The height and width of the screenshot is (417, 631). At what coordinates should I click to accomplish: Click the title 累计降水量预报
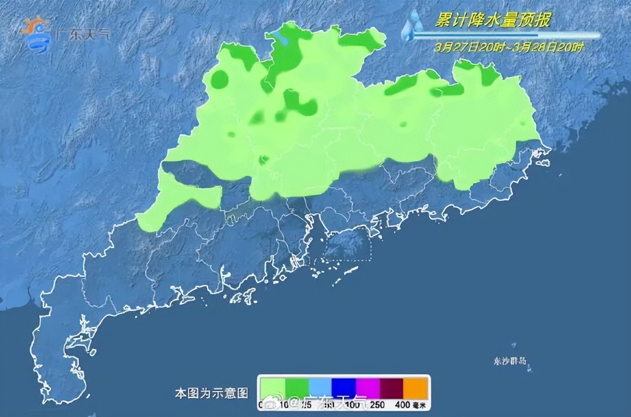[x=493, y=20]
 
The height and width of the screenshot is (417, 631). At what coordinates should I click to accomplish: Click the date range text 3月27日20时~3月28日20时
[x=509, y=47]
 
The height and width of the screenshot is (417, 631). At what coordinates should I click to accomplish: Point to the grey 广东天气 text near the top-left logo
[x=82, y=35]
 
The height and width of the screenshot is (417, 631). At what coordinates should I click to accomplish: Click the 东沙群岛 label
[x=510, y=361]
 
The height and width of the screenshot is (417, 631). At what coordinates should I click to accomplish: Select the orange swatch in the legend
[x=416, y=388]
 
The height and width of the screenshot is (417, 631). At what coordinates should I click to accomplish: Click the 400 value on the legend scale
[x=402, y=405]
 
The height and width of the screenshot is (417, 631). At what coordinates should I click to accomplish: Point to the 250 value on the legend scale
[x=377, y=405]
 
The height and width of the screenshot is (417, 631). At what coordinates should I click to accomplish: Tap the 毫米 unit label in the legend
[x=419, y=405]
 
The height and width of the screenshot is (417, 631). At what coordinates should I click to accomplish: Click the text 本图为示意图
[x=211, y=393]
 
